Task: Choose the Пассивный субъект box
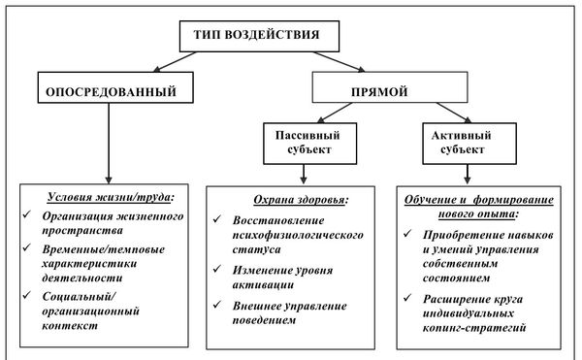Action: pyautogui.click(x=304, y=144)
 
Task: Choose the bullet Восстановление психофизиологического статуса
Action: pyautogui.click(x=297, y=237)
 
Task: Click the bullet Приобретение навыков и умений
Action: pyautogui.click(x=475, y=247)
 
